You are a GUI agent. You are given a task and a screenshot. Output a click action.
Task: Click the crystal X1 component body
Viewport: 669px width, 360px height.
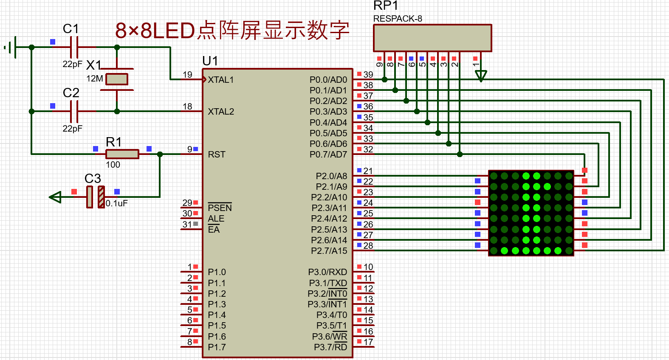click(117, 79)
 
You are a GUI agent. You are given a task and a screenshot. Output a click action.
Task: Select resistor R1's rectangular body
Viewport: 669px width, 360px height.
click(122, 154)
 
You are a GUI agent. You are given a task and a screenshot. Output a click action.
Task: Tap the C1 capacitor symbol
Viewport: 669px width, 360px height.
click(74, 47)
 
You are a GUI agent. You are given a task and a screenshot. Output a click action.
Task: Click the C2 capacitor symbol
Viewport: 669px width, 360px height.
click(74, 111)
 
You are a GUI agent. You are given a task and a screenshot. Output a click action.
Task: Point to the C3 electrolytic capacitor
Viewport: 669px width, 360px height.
click(96, 197)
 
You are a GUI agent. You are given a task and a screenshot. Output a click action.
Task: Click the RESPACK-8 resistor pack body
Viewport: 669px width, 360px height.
click(432, 38)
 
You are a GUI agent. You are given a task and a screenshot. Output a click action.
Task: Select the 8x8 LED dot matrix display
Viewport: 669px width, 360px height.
click(531, 213)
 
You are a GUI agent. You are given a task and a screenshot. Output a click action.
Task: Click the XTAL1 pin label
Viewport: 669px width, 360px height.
click(221, 80)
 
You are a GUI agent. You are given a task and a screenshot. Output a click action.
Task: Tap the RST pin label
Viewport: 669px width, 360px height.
click(217, 155)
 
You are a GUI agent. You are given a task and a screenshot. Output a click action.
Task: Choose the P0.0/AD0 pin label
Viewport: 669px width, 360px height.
click(328, 80)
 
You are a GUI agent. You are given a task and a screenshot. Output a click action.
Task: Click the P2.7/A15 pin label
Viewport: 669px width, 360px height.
click(329, 251)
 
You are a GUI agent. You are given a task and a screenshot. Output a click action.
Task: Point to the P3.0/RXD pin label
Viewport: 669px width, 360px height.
click(327, 272)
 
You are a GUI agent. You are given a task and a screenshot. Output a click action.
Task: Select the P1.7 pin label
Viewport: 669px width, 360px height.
click(217, 347)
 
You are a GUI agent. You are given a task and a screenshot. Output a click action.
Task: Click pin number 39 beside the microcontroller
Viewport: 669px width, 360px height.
click(368, 75)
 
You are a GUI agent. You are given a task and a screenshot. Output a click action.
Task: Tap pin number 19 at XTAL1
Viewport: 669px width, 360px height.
click(187, 75)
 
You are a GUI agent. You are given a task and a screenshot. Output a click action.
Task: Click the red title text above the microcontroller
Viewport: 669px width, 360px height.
click(232, 31)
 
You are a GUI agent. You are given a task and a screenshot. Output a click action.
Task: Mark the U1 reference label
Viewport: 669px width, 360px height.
click(210, 61)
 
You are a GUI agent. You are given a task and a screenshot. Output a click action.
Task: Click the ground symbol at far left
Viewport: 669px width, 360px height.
click(11, 47)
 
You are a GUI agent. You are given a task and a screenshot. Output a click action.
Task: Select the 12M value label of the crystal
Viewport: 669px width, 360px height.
click(94, 79)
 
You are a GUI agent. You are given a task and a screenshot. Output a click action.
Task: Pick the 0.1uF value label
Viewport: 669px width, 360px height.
click(117, 203)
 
